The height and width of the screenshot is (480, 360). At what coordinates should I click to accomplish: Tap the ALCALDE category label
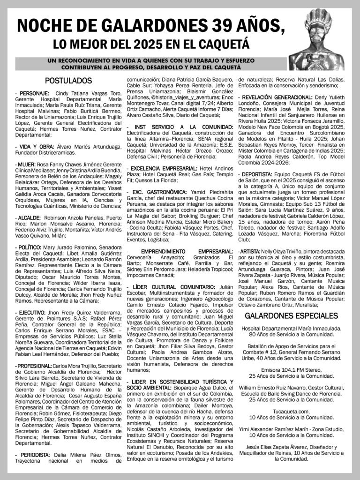tap(28, 218)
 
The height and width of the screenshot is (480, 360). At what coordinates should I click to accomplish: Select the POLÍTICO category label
tap(29, 247)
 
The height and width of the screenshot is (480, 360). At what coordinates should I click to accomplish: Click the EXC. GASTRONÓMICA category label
tap(159, 192)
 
